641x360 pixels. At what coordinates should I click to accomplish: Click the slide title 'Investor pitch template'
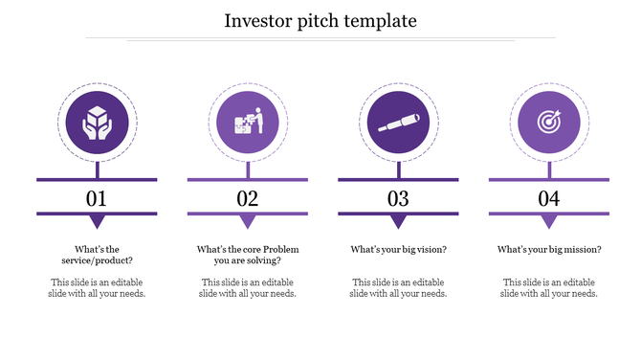(320, 20)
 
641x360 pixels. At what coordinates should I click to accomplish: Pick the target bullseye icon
(549, 124)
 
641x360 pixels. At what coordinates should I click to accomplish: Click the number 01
(97, 199)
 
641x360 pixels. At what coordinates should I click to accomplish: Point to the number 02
(248, 199)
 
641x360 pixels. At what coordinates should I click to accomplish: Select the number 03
(398, 199)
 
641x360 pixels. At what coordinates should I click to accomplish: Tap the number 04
(549, 199)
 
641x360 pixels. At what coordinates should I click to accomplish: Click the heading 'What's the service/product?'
(97, 255)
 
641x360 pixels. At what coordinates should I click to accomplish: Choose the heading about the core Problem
(248, 255)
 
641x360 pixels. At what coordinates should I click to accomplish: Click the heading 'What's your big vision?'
(398, 250)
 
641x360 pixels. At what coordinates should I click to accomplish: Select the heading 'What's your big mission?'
(549, 250)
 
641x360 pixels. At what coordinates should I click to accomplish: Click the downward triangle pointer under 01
(97, 222)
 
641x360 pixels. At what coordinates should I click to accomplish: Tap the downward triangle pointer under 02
(248, 222)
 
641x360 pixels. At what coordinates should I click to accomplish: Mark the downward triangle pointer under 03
(398, 222)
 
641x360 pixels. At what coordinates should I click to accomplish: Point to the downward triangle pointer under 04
(549, 222)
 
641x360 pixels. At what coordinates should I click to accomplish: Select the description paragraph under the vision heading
(398, 288)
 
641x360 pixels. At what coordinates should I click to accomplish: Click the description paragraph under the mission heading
(549, 288)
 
